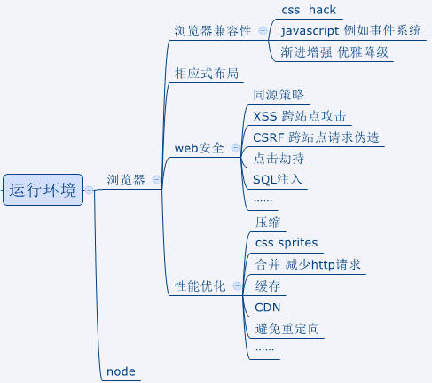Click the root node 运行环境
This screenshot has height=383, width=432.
coord(43,190)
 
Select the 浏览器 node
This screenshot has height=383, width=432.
coord(125,180)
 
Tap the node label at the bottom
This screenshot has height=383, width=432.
coord(121,371)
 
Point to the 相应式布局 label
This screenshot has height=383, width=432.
coord(208,74)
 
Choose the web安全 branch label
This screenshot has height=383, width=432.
coord(200,148)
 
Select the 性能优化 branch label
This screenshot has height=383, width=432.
coord(200,286)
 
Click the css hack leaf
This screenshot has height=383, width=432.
coord(308,10)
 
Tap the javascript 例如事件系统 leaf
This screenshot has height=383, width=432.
coord(350,31)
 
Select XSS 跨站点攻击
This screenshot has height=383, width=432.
coord(299,116)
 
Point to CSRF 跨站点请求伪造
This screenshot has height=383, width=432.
coord(316,137)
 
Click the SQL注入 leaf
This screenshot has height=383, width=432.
coord(278,180)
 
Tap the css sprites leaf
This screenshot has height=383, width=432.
coord(286,243)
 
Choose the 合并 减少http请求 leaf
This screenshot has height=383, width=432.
coord(307,265)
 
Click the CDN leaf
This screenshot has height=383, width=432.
coord(268,308)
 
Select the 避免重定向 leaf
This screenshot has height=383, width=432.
coord(287,330)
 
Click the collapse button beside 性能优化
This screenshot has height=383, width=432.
coord(236,286)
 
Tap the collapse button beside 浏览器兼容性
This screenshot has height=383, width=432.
coord(263,31)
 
